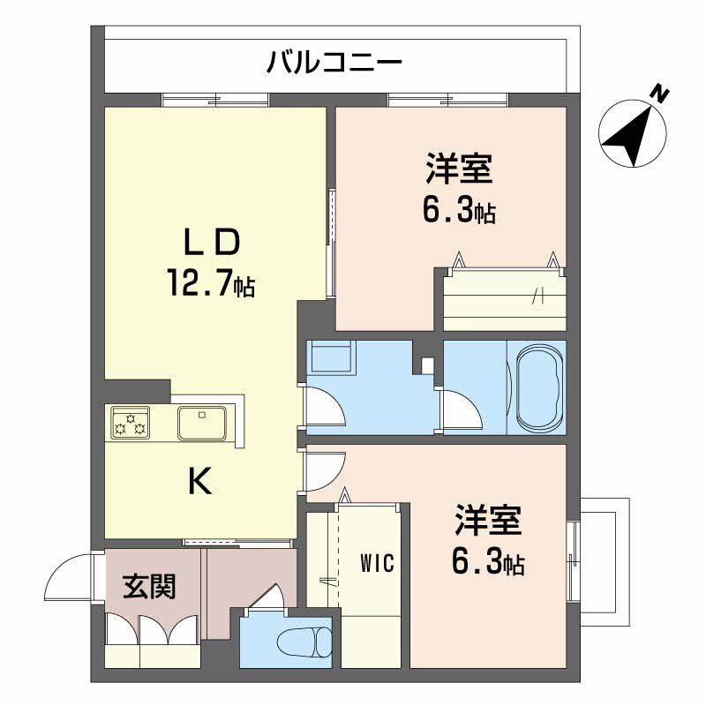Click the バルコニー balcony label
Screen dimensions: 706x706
click(x=334, y=64)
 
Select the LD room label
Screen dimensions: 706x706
click(x=211, y=241)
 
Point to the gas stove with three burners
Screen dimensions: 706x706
click(x=130, y=422)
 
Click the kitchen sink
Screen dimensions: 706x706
click(x=203, y=423)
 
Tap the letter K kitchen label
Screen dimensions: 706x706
click(x=200, y=481)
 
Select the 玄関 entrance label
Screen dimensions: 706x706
click(x=148, y=585)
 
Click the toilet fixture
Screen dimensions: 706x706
click(x=300, y=640)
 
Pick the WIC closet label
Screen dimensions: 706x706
click(x=376, y=561)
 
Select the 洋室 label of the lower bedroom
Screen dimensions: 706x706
click(x=488, y=521)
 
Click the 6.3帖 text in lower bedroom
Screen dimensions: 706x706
click(x=488, y=563)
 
